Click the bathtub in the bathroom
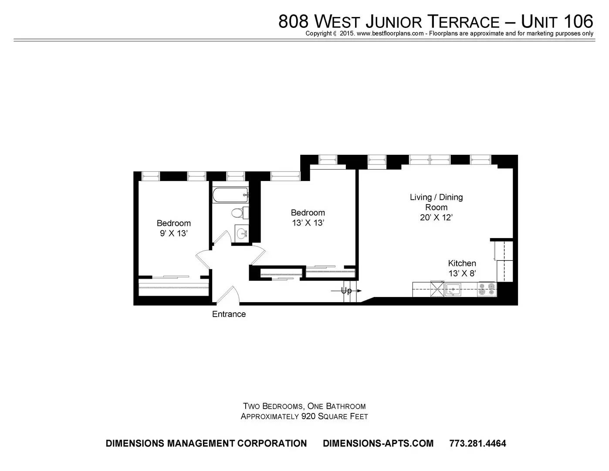coord(230,195)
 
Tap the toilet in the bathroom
coord(240,213)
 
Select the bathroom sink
coord(242,232)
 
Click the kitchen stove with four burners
coord(487,290)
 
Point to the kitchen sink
coord(453,290)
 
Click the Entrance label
coord(229,314)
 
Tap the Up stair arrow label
coord(346,291)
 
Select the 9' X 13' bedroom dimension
coord(173,233)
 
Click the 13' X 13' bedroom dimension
coord(308,223)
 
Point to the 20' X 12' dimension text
coord(436,218)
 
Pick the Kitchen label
coord(462,263)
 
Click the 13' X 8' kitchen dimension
coord(462,273)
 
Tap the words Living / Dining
coord(436,197)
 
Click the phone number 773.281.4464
coord(477,444)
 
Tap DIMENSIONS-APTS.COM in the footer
coord(378,444)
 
